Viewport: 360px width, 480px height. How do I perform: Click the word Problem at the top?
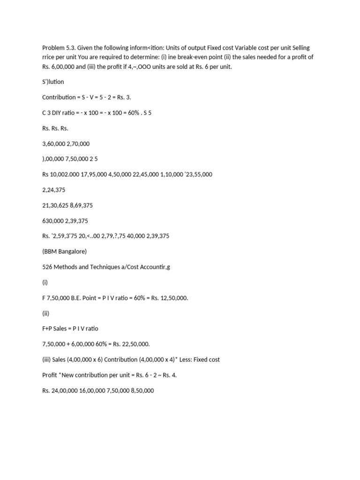click(53, 48)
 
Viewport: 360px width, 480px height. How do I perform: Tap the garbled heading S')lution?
click(53, 82)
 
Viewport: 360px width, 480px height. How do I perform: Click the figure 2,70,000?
click(78, 143)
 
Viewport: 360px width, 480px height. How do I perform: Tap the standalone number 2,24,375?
click(53, 189)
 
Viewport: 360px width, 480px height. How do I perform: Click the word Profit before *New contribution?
click(50, 375)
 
